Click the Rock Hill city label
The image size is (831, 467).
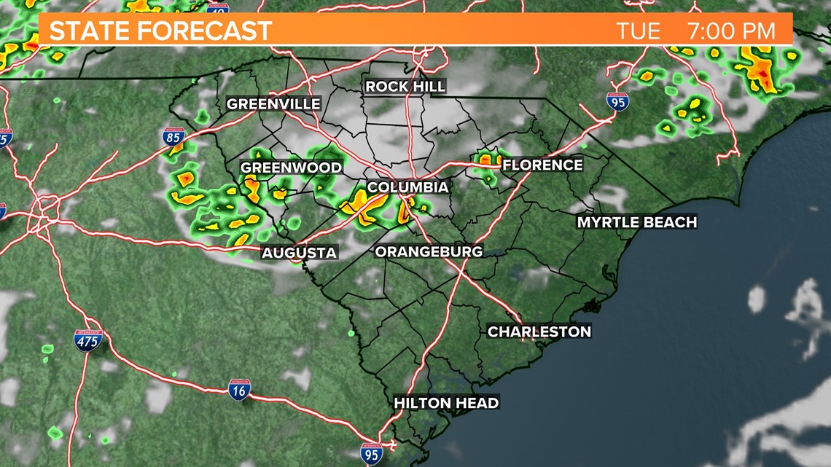[x=405, y=87]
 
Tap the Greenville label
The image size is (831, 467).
[x=273, y=104]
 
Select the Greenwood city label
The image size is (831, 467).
[x=291, y=168]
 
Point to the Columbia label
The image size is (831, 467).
[x=407, y=187]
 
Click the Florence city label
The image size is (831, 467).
[x=542, y=165]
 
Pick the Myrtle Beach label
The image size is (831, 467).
[x=636, y=222]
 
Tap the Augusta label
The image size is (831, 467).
[x=299, y=253]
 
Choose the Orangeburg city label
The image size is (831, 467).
[x=429, y=251]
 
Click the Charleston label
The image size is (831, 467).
[x=539, y=331]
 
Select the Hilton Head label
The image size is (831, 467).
[x=446, y=403]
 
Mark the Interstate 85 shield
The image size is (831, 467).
[x=173, y=137]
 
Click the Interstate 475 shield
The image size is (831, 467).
[x=88, y=340]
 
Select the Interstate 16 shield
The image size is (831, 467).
[x=239, y=389]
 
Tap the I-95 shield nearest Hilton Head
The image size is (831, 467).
[x=371, y=454]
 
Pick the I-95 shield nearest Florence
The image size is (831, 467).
[x=617, y=101]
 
